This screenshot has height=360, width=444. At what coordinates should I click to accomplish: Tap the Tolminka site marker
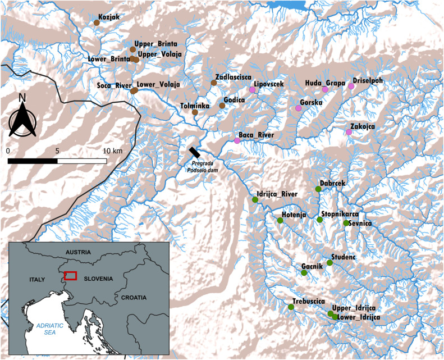click(195, 112)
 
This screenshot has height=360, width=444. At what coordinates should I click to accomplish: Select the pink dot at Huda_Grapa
click(325, 89)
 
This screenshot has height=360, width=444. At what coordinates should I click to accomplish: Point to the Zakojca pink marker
click(349, 132)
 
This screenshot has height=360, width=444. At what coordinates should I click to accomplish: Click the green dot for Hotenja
click(280, 221)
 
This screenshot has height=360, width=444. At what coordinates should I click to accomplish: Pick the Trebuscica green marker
click(291, 307)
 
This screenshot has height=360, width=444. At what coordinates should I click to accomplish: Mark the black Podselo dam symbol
click(195, 152)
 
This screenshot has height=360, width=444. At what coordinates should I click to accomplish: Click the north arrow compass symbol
click(22, 117)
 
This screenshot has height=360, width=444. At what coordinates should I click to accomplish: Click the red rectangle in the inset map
click(70, 275)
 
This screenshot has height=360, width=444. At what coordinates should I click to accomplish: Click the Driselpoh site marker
click(351, 86)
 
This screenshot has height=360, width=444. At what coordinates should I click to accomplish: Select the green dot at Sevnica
click(346, 223)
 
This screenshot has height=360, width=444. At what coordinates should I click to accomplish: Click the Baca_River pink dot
click(237, 141)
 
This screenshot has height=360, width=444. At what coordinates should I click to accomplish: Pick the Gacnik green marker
click(304, 273)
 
